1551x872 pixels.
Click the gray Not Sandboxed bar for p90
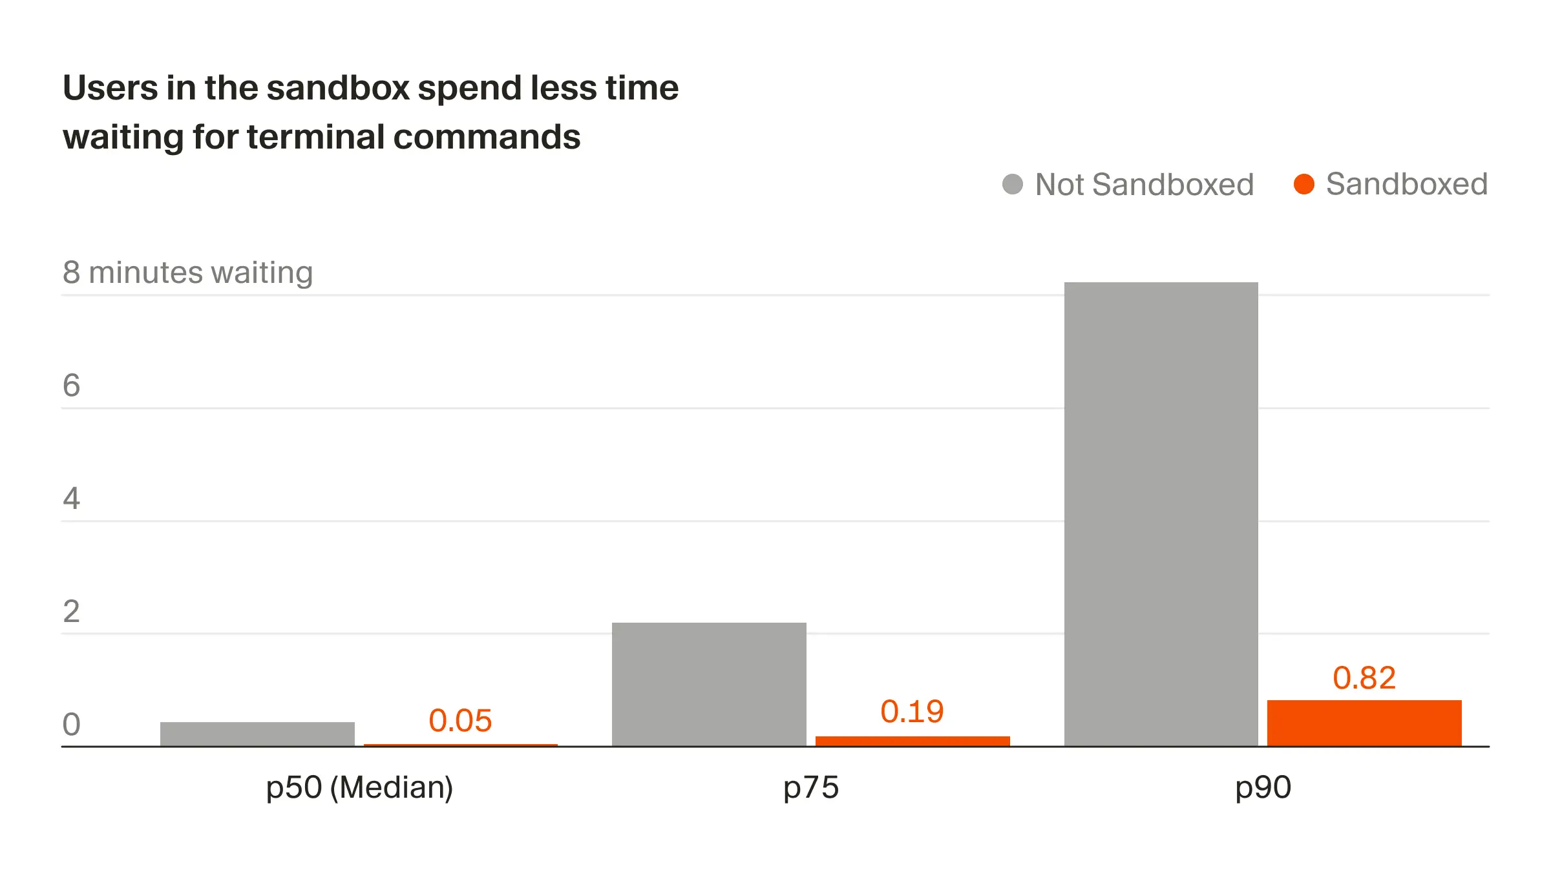pyautogui.click(x=1161, y=514)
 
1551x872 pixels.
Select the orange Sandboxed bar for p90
pyautogui.click(x=1364, y=723)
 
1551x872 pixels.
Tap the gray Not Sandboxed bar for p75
pyautogui.click(x=709, y=684)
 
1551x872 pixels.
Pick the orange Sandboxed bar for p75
pyautogui.click(x=912, y=741)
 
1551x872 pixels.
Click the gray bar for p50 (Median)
pyautogui.click(x=257, y=734)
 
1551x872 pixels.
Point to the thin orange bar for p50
pyautogui.click(x=460, y=745)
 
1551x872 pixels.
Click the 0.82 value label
pyautogui.click(x=1364, y=678)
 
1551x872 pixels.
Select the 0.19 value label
pyautogui.click(x=912, y=712)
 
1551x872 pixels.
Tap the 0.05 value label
pyautogui.click(x=460, y=721)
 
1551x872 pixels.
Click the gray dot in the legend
pyautogui.click(x=1012, y=184)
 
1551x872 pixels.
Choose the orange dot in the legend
pyautogui.click(x=1303, y=184)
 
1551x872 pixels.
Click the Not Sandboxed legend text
pyautogui.click(x=1144, y=185)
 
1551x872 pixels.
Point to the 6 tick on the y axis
pyautogui.click(x=71, y=386)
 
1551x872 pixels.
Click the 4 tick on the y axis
pyautogui.click(x=71, y=499)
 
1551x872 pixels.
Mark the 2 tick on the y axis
pyautogui.click(x=71, y=612)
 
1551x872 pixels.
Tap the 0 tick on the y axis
pyautogui.click(x=71, y=725)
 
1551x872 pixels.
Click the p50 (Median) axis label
pyautogui.click(x=359, y=788)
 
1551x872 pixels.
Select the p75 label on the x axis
pyautogui.click(x=810, y=788)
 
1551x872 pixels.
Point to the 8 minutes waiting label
pyautogui.click(x=187, y=273)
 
